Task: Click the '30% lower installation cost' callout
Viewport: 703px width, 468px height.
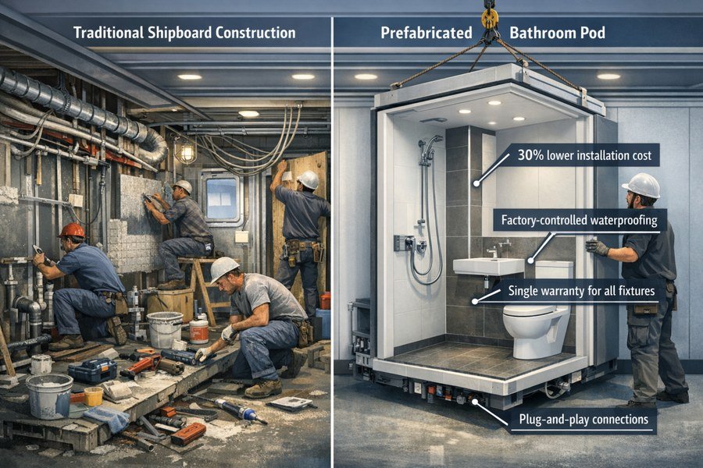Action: [x=584, y=155]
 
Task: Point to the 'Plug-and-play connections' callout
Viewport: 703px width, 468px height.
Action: [x=576, y=420]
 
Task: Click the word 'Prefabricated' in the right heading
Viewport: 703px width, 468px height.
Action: [x=426, y=34]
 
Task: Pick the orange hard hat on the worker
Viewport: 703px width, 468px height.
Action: [x=72, y=231]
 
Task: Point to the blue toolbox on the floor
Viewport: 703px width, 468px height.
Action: [x=91, y=370]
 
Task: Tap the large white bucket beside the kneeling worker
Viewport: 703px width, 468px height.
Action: [x=164, y=329]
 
